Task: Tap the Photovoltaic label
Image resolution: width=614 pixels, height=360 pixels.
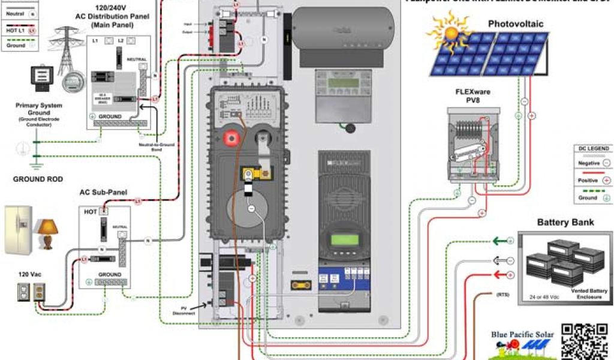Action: tap(515, 24)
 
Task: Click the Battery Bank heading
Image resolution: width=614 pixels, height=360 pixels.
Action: tap(565, 222)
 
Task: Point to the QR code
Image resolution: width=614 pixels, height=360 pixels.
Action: tap(583, 341)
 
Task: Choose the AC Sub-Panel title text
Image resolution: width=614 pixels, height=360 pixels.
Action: tap(103, 193)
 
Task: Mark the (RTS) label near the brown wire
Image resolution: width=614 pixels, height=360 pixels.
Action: tap(502, 295)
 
